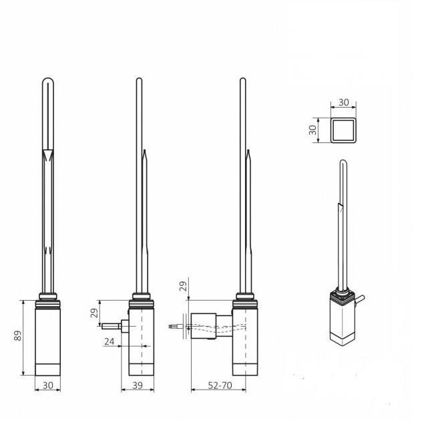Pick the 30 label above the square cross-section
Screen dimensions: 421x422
click(343, 102)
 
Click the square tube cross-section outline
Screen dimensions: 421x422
click(343, 128)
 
